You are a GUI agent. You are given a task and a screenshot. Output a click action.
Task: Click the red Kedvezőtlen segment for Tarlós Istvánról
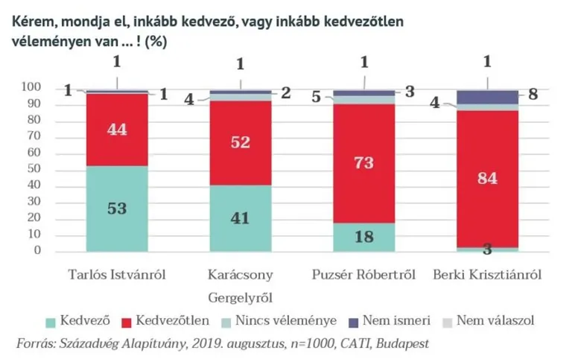117,130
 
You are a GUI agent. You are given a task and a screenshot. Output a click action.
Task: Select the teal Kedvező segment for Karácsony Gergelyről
240,218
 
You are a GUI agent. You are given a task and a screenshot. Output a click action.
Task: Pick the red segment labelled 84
487,179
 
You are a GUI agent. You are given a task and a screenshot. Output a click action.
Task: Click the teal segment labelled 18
363,237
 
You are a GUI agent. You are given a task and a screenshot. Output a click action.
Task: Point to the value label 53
117,209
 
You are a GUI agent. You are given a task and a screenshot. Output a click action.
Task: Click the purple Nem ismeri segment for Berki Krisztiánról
487,97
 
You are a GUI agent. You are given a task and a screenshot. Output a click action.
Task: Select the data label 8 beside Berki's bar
534,95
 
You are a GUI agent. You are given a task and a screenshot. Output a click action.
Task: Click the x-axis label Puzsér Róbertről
363,275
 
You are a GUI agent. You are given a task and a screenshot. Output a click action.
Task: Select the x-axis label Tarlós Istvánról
116,275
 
